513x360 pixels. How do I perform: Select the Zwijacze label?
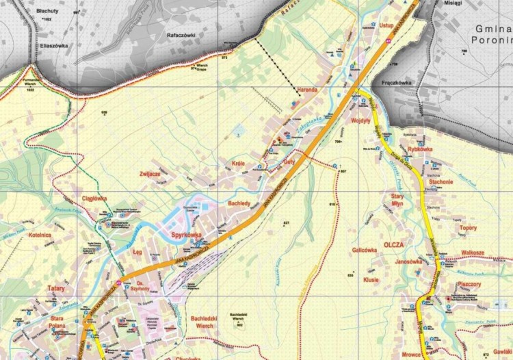pyautogui.click(x=149, y=175)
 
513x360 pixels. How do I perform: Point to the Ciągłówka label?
pyautogui.click(x=94, y=198)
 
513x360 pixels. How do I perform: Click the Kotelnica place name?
pyautogui.click(x=40, y=235)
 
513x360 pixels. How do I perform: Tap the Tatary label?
pyautogui.click(x=56, y=288)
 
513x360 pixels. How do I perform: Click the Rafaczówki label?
pyautogui.click(x=181, y=34)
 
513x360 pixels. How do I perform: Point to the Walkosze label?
pyautogui.click(x=473, y=253)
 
